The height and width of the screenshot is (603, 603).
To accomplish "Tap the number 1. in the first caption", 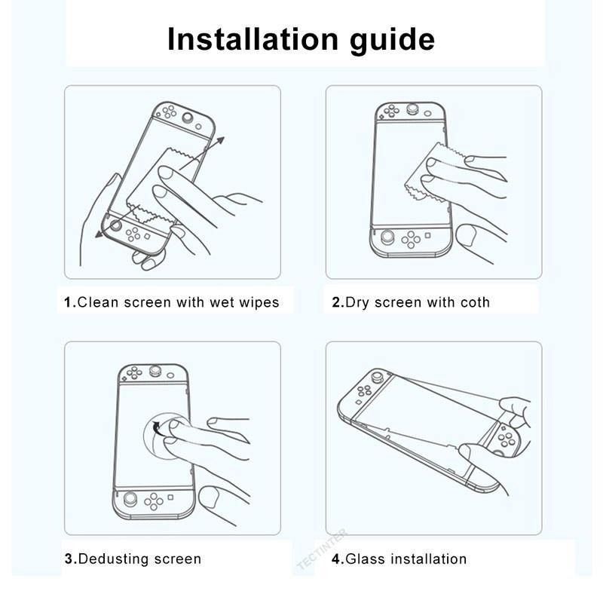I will (x=69, y=303).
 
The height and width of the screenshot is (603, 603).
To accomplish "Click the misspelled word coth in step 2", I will (x=473, y=303).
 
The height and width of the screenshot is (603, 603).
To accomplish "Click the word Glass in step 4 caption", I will (x=366, y=559).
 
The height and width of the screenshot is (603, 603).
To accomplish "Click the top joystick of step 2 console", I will (x=413, y=109).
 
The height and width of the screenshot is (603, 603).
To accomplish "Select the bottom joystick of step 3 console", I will (x=131, y=498).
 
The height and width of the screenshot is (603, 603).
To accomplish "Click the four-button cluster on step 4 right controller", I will (x=506, y=437).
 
